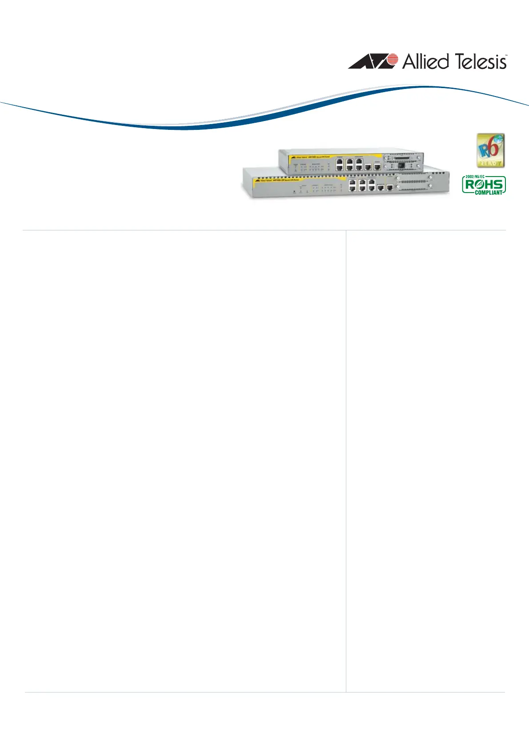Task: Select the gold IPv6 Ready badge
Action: pyautogui.click(x=490, y=150)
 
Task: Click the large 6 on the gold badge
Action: pyautogui.click(x=493, y=149)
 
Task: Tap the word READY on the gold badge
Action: pyautogui.click(x=490, y=163)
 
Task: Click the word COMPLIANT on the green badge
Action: pyautogui.click(x=488, y=193)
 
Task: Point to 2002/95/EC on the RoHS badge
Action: pyautogui.click(x=474, y=177)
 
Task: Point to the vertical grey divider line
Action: pyautogui.click(x=346, y=445)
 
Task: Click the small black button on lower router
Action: pyautogui.click(x=294, y=192)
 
